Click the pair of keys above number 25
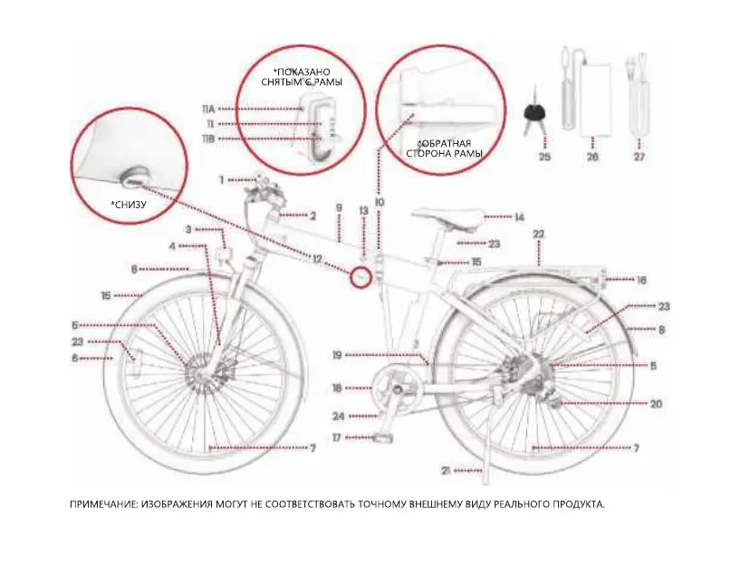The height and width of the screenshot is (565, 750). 532,114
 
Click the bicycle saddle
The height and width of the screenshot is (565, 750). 447,218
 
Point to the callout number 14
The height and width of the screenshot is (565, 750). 519,217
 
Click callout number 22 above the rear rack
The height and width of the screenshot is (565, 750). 539,235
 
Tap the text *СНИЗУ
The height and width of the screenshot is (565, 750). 129,205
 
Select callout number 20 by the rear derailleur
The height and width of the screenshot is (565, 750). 657,404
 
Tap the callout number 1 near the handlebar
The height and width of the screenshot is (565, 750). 221,179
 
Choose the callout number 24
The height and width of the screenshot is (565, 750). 338,417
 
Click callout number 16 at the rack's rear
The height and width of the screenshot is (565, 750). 641,281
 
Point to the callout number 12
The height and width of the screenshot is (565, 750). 317,260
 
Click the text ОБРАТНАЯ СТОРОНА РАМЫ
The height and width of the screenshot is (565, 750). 449,148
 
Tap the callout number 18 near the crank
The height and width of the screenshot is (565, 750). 337,388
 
